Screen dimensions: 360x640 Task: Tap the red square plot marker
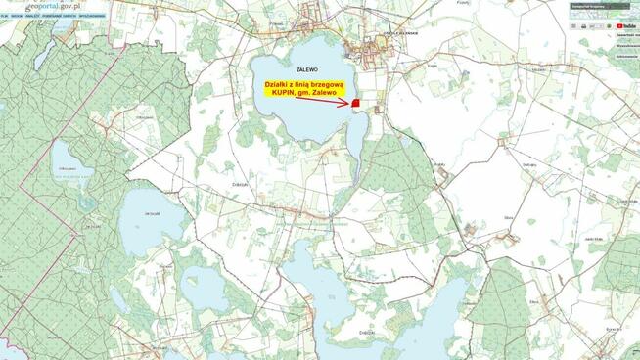[358, 103]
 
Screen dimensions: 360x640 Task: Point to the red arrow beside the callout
[337, 102]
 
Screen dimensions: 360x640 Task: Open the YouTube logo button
[626, 24]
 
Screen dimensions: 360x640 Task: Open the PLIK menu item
[5, 17]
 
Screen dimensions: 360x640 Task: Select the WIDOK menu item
[17, 17]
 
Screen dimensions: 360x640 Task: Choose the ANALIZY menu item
[33, 17]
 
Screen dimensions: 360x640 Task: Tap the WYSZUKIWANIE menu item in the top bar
[93, 17]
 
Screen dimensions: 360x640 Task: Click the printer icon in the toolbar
[584, 25]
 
